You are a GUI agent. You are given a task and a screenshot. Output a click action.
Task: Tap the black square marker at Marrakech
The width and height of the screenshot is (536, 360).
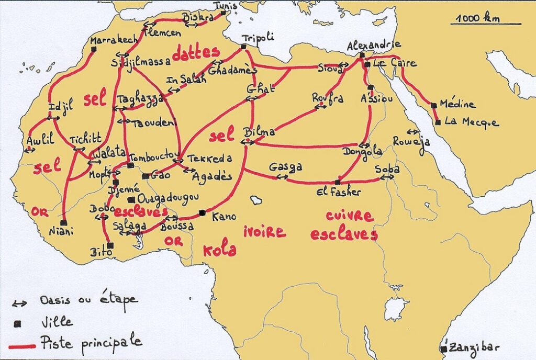(x=94, y=49)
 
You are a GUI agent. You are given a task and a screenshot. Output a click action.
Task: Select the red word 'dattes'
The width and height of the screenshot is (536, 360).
(x=195, y=53)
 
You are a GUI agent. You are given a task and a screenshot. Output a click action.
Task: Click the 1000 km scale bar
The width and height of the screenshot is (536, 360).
(x=486, y=24)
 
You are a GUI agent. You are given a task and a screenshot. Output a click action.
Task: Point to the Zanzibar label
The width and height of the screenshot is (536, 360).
(x=477, y=347)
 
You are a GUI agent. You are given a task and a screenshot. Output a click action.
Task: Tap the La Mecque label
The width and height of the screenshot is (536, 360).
(x=471, y=122)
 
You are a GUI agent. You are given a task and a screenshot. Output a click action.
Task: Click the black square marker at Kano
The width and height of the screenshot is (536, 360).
(x=203, y=212)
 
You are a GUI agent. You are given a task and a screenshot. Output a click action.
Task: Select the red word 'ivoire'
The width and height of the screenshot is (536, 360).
(x=264, y=231)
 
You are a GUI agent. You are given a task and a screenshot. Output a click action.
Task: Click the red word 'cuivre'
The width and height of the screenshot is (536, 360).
(x=350, y=216)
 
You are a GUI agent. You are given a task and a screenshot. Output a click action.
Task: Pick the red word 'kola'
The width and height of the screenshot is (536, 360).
(x=219, y=250)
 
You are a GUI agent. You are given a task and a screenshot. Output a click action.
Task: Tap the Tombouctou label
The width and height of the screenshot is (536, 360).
(x=152, y=157)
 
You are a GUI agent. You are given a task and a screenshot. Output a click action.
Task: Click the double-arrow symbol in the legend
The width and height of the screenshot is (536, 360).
(x=20, y=303)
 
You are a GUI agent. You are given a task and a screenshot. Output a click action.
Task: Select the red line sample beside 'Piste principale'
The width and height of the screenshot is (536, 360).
(x=24, y=345)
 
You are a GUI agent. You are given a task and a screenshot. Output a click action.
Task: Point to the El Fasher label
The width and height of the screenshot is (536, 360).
(x=339, y=192)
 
